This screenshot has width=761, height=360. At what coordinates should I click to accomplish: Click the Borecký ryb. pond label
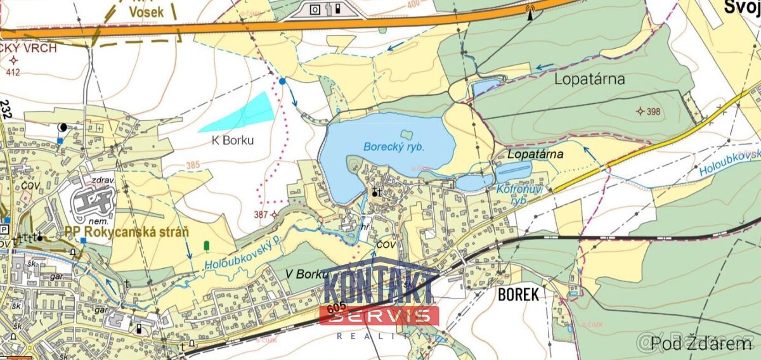click(x=393, y=146)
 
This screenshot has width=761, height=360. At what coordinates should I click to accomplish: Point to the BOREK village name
click(x=518, y=294)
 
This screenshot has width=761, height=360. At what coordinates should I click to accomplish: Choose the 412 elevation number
click(x=13, y=72)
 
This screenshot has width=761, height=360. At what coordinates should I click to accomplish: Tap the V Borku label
click(x=306, y=274)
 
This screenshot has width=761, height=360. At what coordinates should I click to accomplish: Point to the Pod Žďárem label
click(x=710, y=344)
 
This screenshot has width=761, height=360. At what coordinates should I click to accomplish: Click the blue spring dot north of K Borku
click(x=282, y=81)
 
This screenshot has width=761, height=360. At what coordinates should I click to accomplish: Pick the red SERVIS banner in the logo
click(x=379, y=316)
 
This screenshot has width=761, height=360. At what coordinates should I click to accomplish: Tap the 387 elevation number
click(x=261, y=215)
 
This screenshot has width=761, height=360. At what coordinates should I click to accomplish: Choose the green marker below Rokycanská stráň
click(x=206, y=245)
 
